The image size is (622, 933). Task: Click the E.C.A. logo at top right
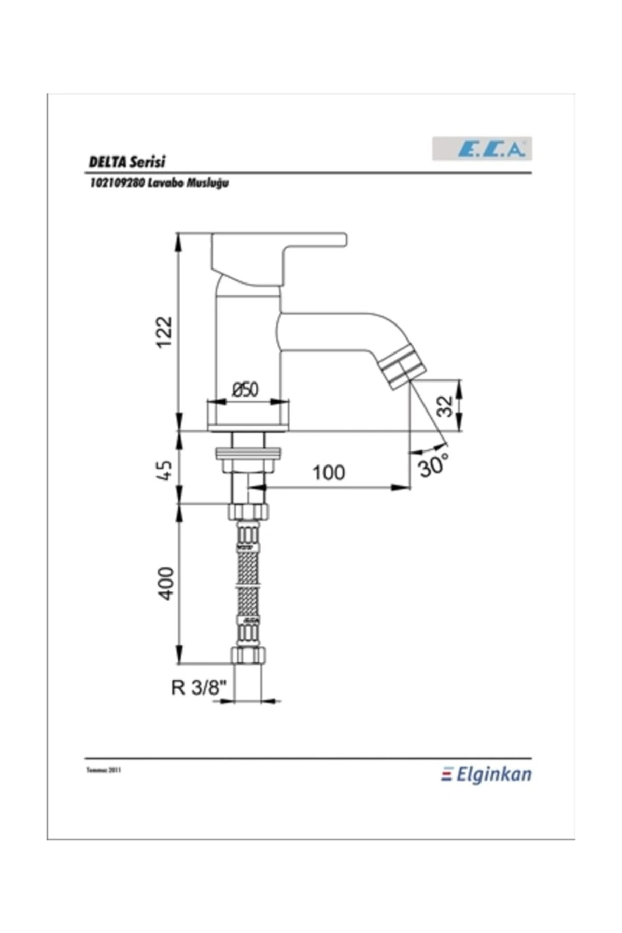point(482,149)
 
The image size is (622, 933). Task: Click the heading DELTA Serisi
point(127,162)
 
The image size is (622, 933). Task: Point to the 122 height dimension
point(164,332)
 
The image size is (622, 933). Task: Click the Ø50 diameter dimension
point(245,389)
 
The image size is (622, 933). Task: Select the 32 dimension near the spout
point(444,406)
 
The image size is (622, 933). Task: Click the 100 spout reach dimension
point(328,473)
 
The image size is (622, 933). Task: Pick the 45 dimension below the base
point(164,470)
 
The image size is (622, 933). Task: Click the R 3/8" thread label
point(199,688)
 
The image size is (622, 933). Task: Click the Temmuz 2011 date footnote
point(103,771)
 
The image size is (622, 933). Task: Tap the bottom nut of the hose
point(248,655)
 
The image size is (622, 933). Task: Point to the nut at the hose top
point(248,512)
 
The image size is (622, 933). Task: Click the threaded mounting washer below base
point(248,454)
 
